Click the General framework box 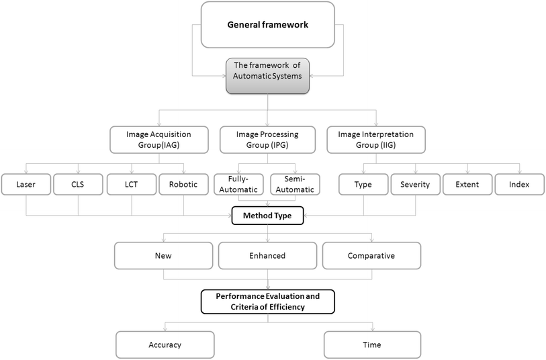[x=267, y=25]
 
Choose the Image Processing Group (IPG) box [x=268, y=139]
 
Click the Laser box [x=26, y=185]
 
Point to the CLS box [x=78, y=185]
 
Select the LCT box [x=131, y=185]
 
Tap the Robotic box [x=183, y=185]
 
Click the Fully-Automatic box [x=240, y=185]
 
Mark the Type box [x=363, y=185]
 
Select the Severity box [x=415, y=185]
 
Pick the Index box [x=519, y=185]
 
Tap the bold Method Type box [x=268, y=216]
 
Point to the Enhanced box [x=267, y=255]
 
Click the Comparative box [x=371, y=255]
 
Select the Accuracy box [x=165, y=345]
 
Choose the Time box [x=372, y=345]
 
